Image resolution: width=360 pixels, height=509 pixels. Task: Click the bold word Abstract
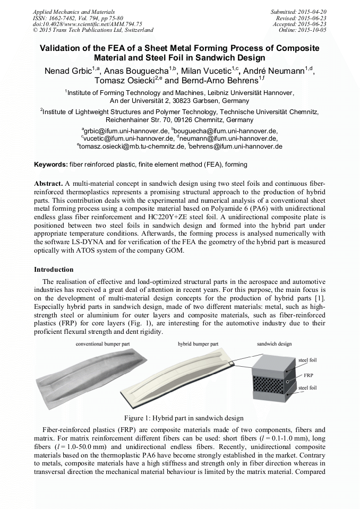[x=48, y=183]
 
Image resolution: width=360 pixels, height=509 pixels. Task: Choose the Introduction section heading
[x=54, y=270]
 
